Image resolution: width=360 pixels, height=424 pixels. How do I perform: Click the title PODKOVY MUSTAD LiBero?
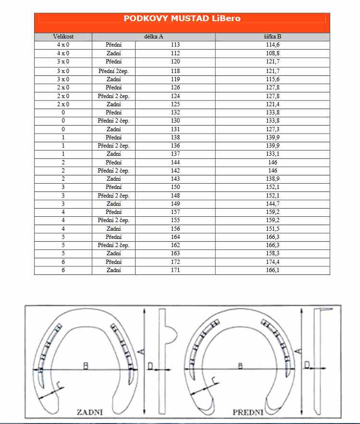pos(182,19)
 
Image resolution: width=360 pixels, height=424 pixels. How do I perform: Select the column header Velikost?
pos(63,37)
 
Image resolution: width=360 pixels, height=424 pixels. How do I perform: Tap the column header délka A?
pos(153,37)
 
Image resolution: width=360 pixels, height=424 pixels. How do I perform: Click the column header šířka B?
pos(272,37)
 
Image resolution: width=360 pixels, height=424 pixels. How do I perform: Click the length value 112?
pos(175,53)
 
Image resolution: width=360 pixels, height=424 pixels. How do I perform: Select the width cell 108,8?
pos(272,53)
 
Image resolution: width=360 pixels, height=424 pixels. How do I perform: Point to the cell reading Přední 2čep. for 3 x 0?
pos(113,71)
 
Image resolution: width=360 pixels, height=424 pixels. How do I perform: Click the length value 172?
pos(175,262)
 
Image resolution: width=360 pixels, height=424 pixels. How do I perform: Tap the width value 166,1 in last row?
pos(272,271)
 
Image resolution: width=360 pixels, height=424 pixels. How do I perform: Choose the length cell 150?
pos(175,187)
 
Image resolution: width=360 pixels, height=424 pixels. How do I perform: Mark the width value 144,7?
pos(272,203)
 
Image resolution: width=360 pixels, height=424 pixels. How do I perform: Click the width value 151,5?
pos(272,229)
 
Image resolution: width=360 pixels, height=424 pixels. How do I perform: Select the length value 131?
pos(175,129)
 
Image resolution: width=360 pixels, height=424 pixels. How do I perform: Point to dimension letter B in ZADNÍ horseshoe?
pos(86,366)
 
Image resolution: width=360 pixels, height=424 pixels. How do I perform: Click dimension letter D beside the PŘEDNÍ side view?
pos(307,366)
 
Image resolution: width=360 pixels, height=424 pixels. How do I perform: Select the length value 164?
pos(175,237)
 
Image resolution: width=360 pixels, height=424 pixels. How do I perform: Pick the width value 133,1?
pos(272,154)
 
